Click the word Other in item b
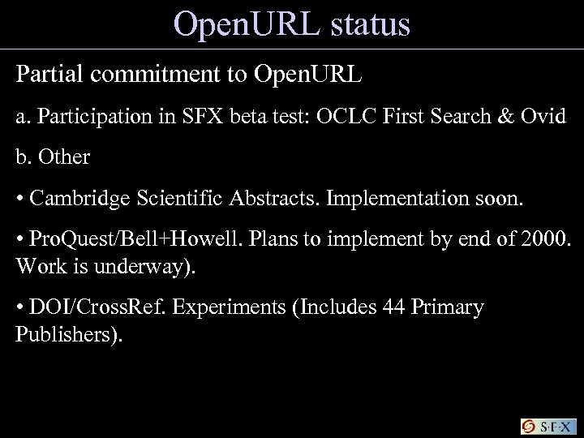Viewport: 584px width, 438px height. click(64, 157)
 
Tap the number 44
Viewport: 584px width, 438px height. click(354, 308)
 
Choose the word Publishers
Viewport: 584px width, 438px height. click(67, 334)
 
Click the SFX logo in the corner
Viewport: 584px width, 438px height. click(549, 425)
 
